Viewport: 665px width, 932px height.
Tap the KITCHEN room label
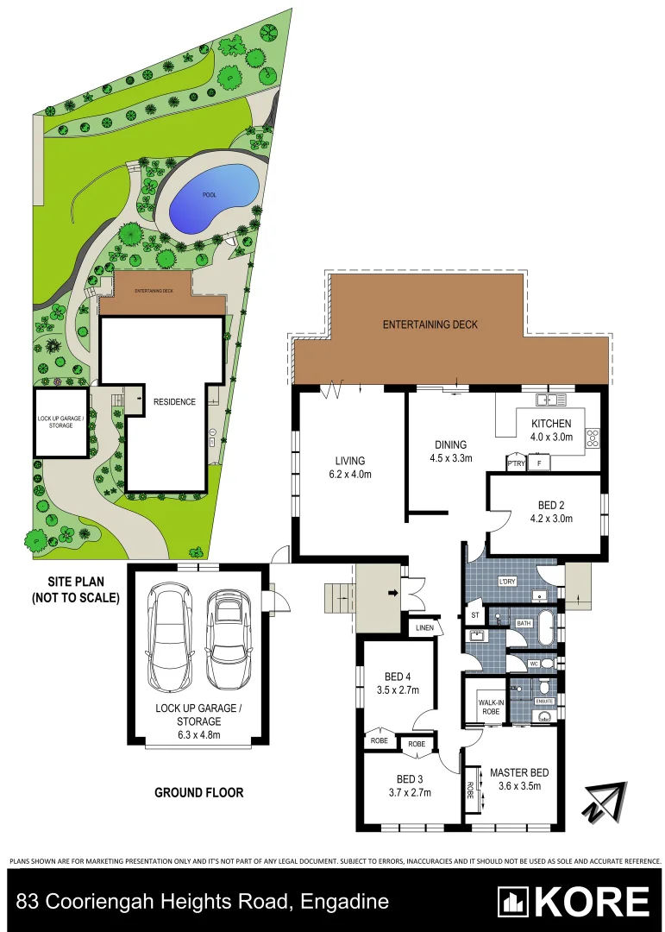tap(551, 423)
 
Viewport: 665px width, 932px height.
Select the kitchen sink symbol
tap(549, 399)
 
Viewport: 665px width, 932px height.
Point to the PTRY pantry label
tap(516, 464)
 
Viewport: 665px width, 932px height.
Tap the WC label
tap(534, 664)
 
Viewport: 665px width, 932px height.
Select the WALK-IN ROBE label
tap(484, 708)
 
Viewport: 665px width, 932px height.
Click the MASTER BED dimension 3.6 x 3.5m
tap(519, 786)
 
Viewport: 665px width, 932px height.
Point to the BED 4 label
tap(398, 677)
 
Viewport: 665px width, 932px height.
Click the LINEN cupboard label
tap(424, 627)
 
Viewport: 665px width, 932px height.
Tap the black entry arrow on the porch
tap(392, 593)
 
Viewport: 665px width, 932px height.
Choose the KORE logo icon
tap(514, 902)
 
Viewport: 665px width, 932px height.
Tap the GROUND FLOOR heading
tap(198, 792)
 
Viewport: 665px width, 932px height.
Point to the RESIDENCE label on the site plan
tap(174, 401)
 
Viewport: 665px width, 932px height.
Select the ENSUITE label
tap(544, 701)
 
